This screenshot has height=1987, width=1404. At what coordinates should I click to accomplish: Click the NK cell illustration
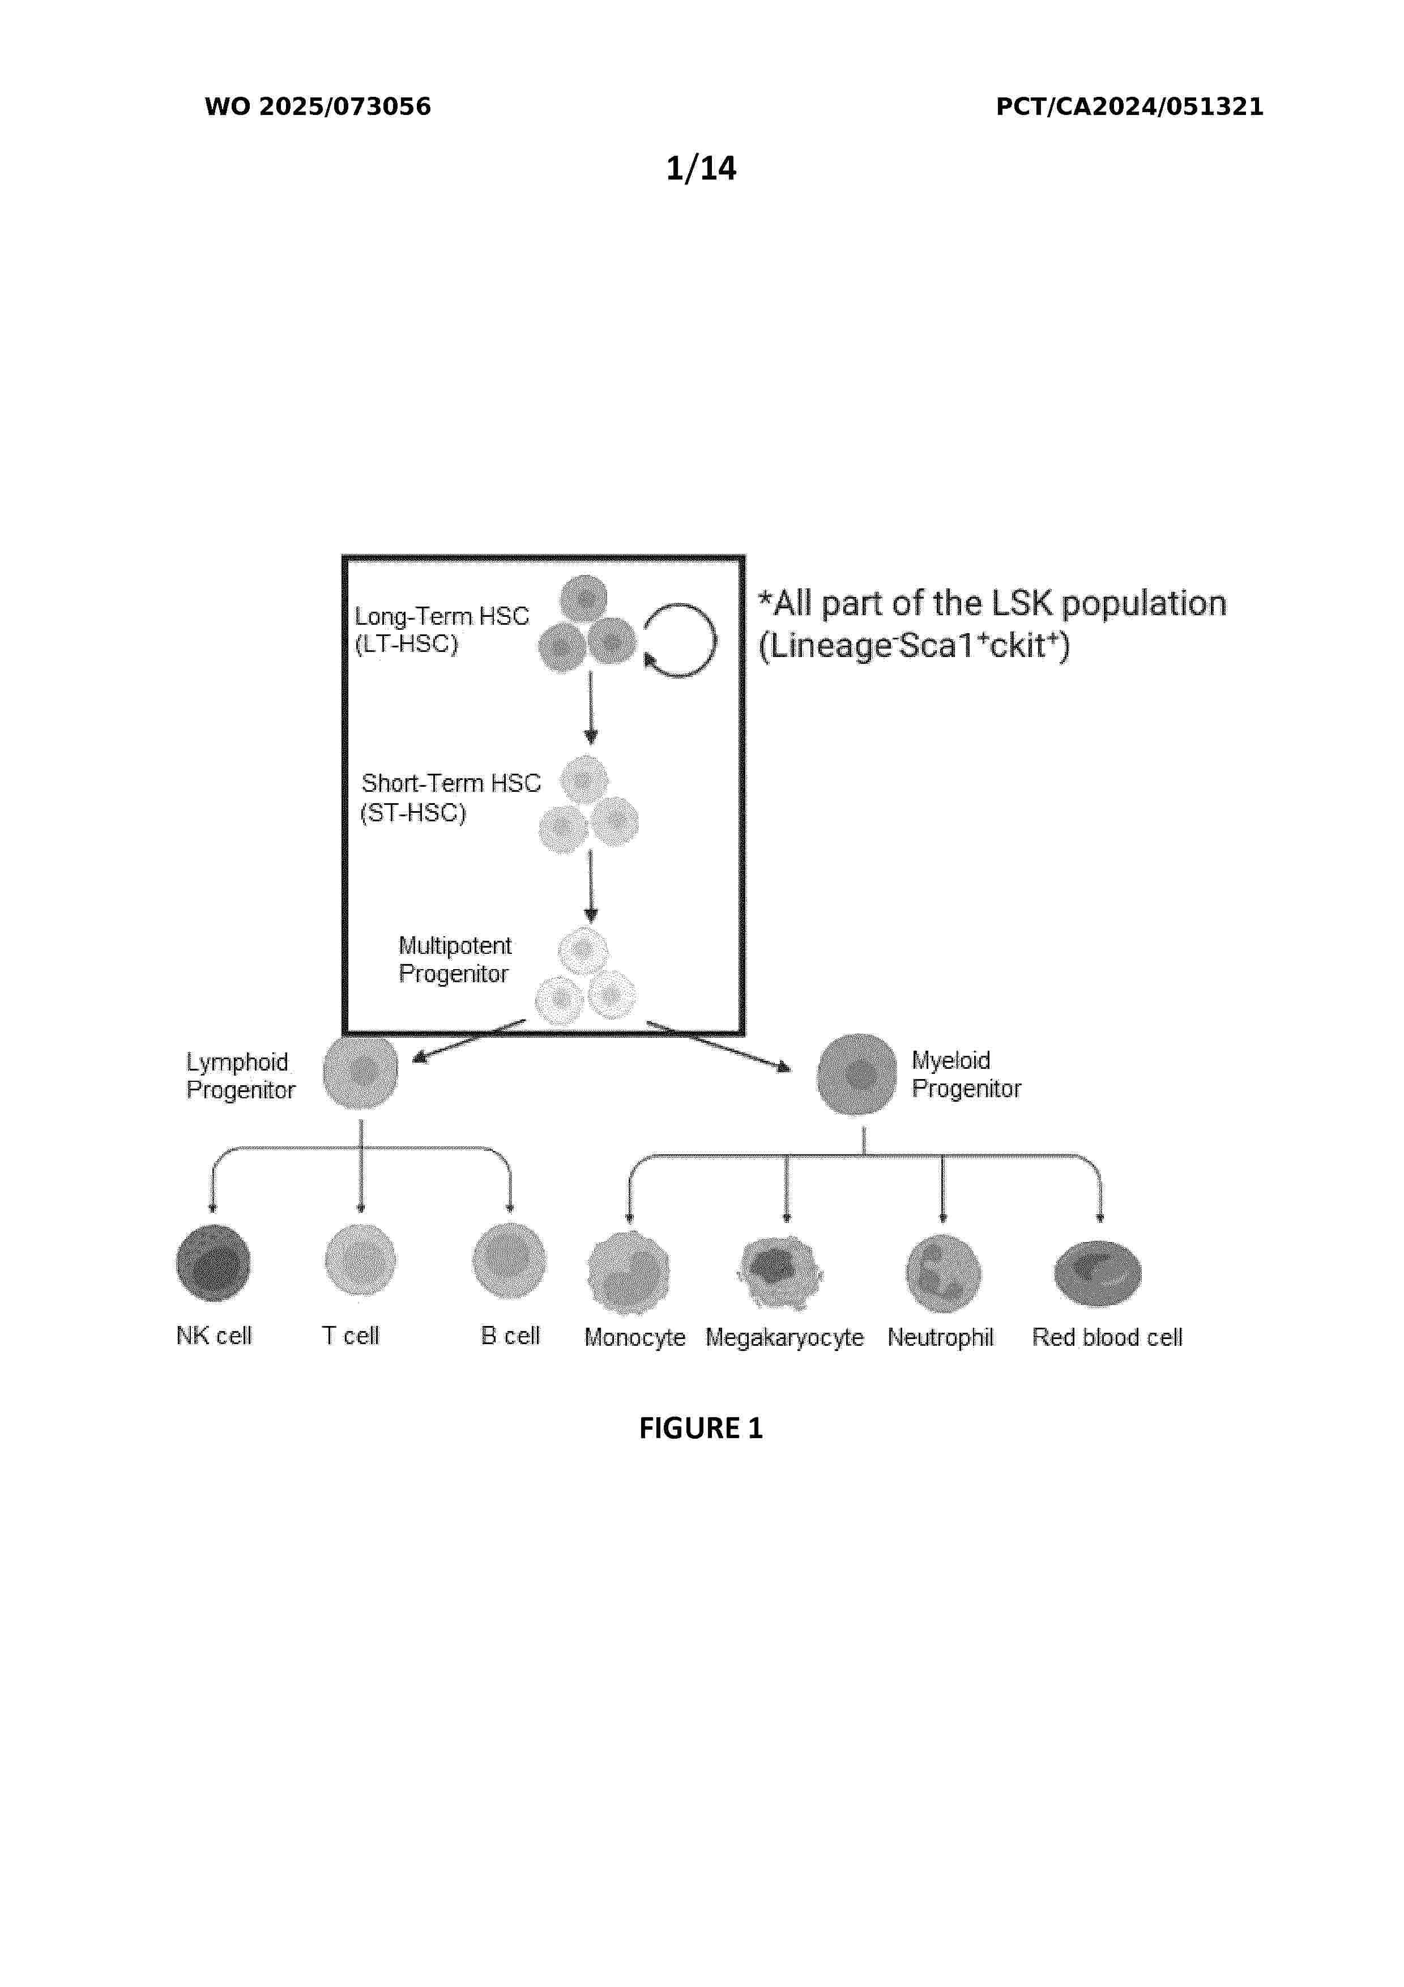tap(213, 1263)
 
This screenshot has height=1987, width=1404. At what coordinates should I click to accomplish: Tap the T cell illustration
tap(361, 1260)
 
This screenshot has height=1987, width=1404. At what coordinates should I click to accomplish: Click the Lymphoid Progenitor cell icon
tap(361, 1071)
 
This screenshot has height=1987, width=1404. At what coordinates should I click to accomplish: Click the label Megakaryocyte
tap(784, 1338)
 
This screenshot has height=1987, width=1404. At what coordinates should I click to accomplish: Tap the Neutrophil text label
tap(940, 1337)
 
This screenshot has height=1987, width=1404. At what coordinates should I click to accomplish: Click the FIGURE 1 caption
tap(701, 1428)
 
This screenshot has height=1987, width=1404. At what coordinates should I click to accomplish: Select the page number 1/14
tap(701, 168)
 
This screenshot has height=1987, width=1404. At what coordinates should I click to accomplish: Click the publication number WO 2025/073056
tap(318, 106)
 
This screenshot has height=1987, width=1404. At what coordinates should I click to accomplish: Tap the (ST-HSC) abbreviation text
tap(413, 813)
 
